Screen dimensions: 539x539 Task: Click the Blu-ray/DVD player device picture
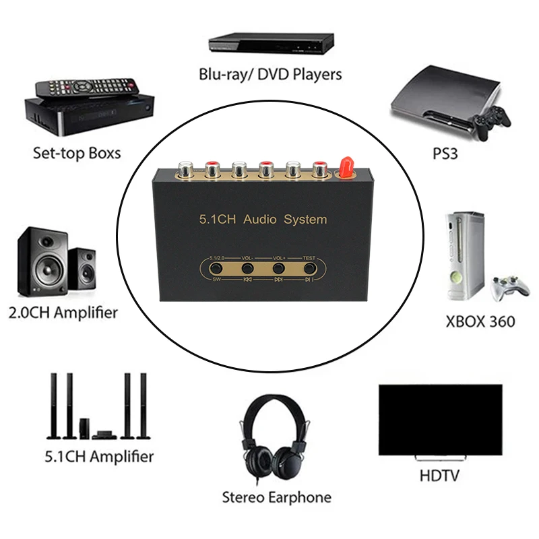(x=271, y=44)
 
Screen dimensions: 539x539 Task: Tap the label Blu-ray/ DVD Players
(x=270, y=74)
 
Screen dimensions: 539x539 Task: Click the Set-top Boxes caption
(x=77, y=153)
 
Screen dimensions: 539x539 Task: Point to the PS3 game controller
(x=490, y=122)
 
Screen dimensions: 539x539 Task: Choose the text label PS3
(x=445, y=154)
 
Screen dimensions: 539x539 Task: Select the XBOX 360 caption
(x=480, y=321)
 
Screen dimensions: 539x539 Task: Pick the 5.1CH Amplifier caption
(x=99, y=456)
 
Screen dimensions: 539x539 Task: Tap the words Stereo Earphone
(x=277, y=498)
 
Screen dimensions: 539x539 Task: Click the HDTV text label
(x=439, y=476)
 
